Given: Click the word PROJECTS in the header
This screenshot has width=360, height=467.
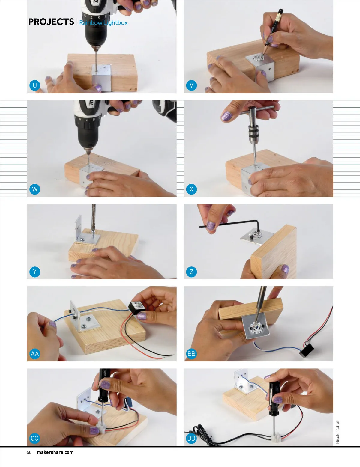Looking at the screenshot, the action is pyautogui.click(x=51, y=22).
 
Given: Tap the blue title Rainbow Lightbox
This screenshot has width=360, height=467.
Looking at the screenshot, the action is pyautogui.click(x=103, y=23).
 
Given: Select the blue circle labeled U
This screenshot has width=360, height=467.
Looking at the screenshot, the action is pyautogui.click(x=34, y=85).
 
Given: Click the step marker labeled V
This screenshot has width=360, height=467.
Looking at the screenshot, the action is pyautogui.click(x=191, y=85).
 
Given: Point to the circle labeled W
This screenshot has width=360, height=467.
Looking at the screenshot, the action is pyautogui.click(x=34, y=189).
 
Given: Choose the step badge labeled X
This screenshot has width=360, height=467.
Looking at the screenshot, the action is pyautogui.click(x=191, y=189).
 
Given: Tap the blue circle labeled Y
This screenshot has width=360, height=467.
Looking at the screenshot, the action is pyautogui.click(x=34, y=272).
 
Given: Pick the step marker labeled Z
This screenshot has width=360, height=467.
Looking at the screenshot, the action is pyautogui.click(x=191, y=272).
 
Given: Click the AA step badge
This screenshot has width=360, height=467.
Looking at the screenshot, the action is pyautogui.click(x=34, y=354).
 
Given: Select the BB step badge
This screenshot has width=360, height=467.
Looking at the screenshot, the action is pyautogui.click(x=191, y=354).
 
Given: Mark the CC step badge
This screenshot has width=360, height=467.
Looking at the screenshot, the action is pyautogui.click(x=34, y=438).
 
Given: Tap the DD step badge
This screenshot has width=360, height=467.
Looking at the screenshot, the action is pyautogui.click(x=191, y=438).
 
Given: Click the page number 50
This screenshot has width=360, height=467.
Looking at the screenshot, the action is pyautogui.click(x=29, y=452).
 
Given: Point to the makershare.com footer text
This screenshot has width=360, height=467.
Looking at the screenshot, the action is pyautogui.click(x=55, y=452).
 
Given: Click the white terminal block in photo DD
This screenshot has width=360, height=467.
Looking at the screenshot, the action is pyautogui.click(x=276, y=436).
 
